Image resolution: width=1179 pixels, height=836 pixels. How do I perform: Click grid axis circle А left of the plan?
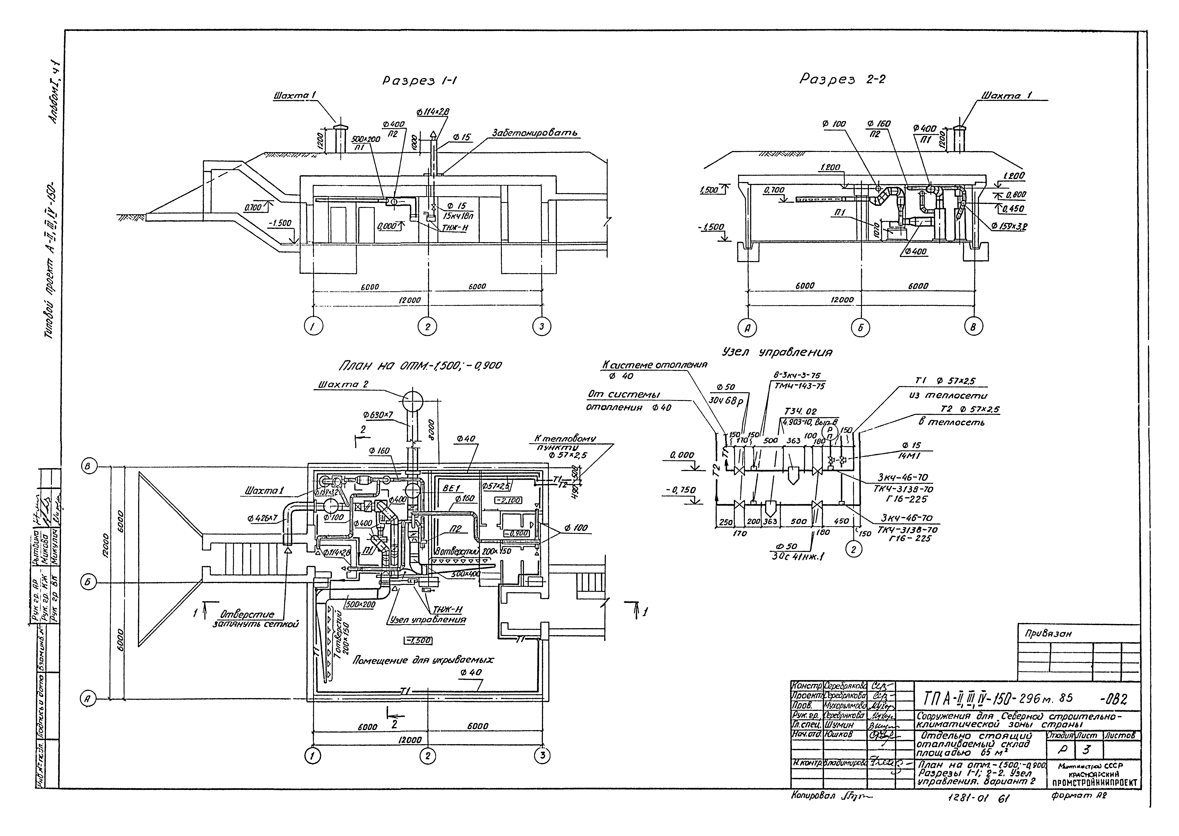(x=88, y=699)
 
